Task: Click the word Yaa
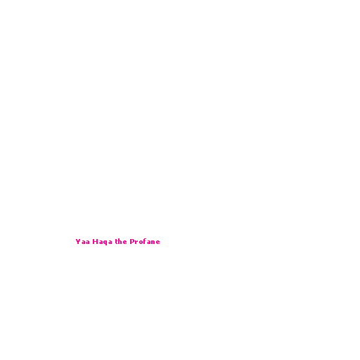point(82,242)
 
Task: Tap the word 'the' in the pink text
point(121,241)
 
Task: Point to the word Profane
point(145,241)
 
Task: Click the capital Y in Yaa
point(78,241)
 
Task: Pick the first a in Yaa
point(83,242)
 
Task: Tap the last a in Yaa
point(88,242)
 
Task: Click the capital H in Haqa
point(95,241)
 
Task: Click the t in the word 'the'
point(116,241)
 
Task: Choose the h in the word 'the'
point(120,241)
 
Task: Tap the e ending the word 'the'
point(125,242)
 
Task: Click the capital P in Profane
point(132,241)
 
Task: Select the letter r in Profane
point(136,242)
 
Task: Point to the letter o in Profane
point(141,242)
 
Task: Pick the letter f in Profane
point(145,241)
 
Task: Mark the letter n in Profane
point(153,242)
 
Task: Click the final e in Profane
point(158,242)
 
